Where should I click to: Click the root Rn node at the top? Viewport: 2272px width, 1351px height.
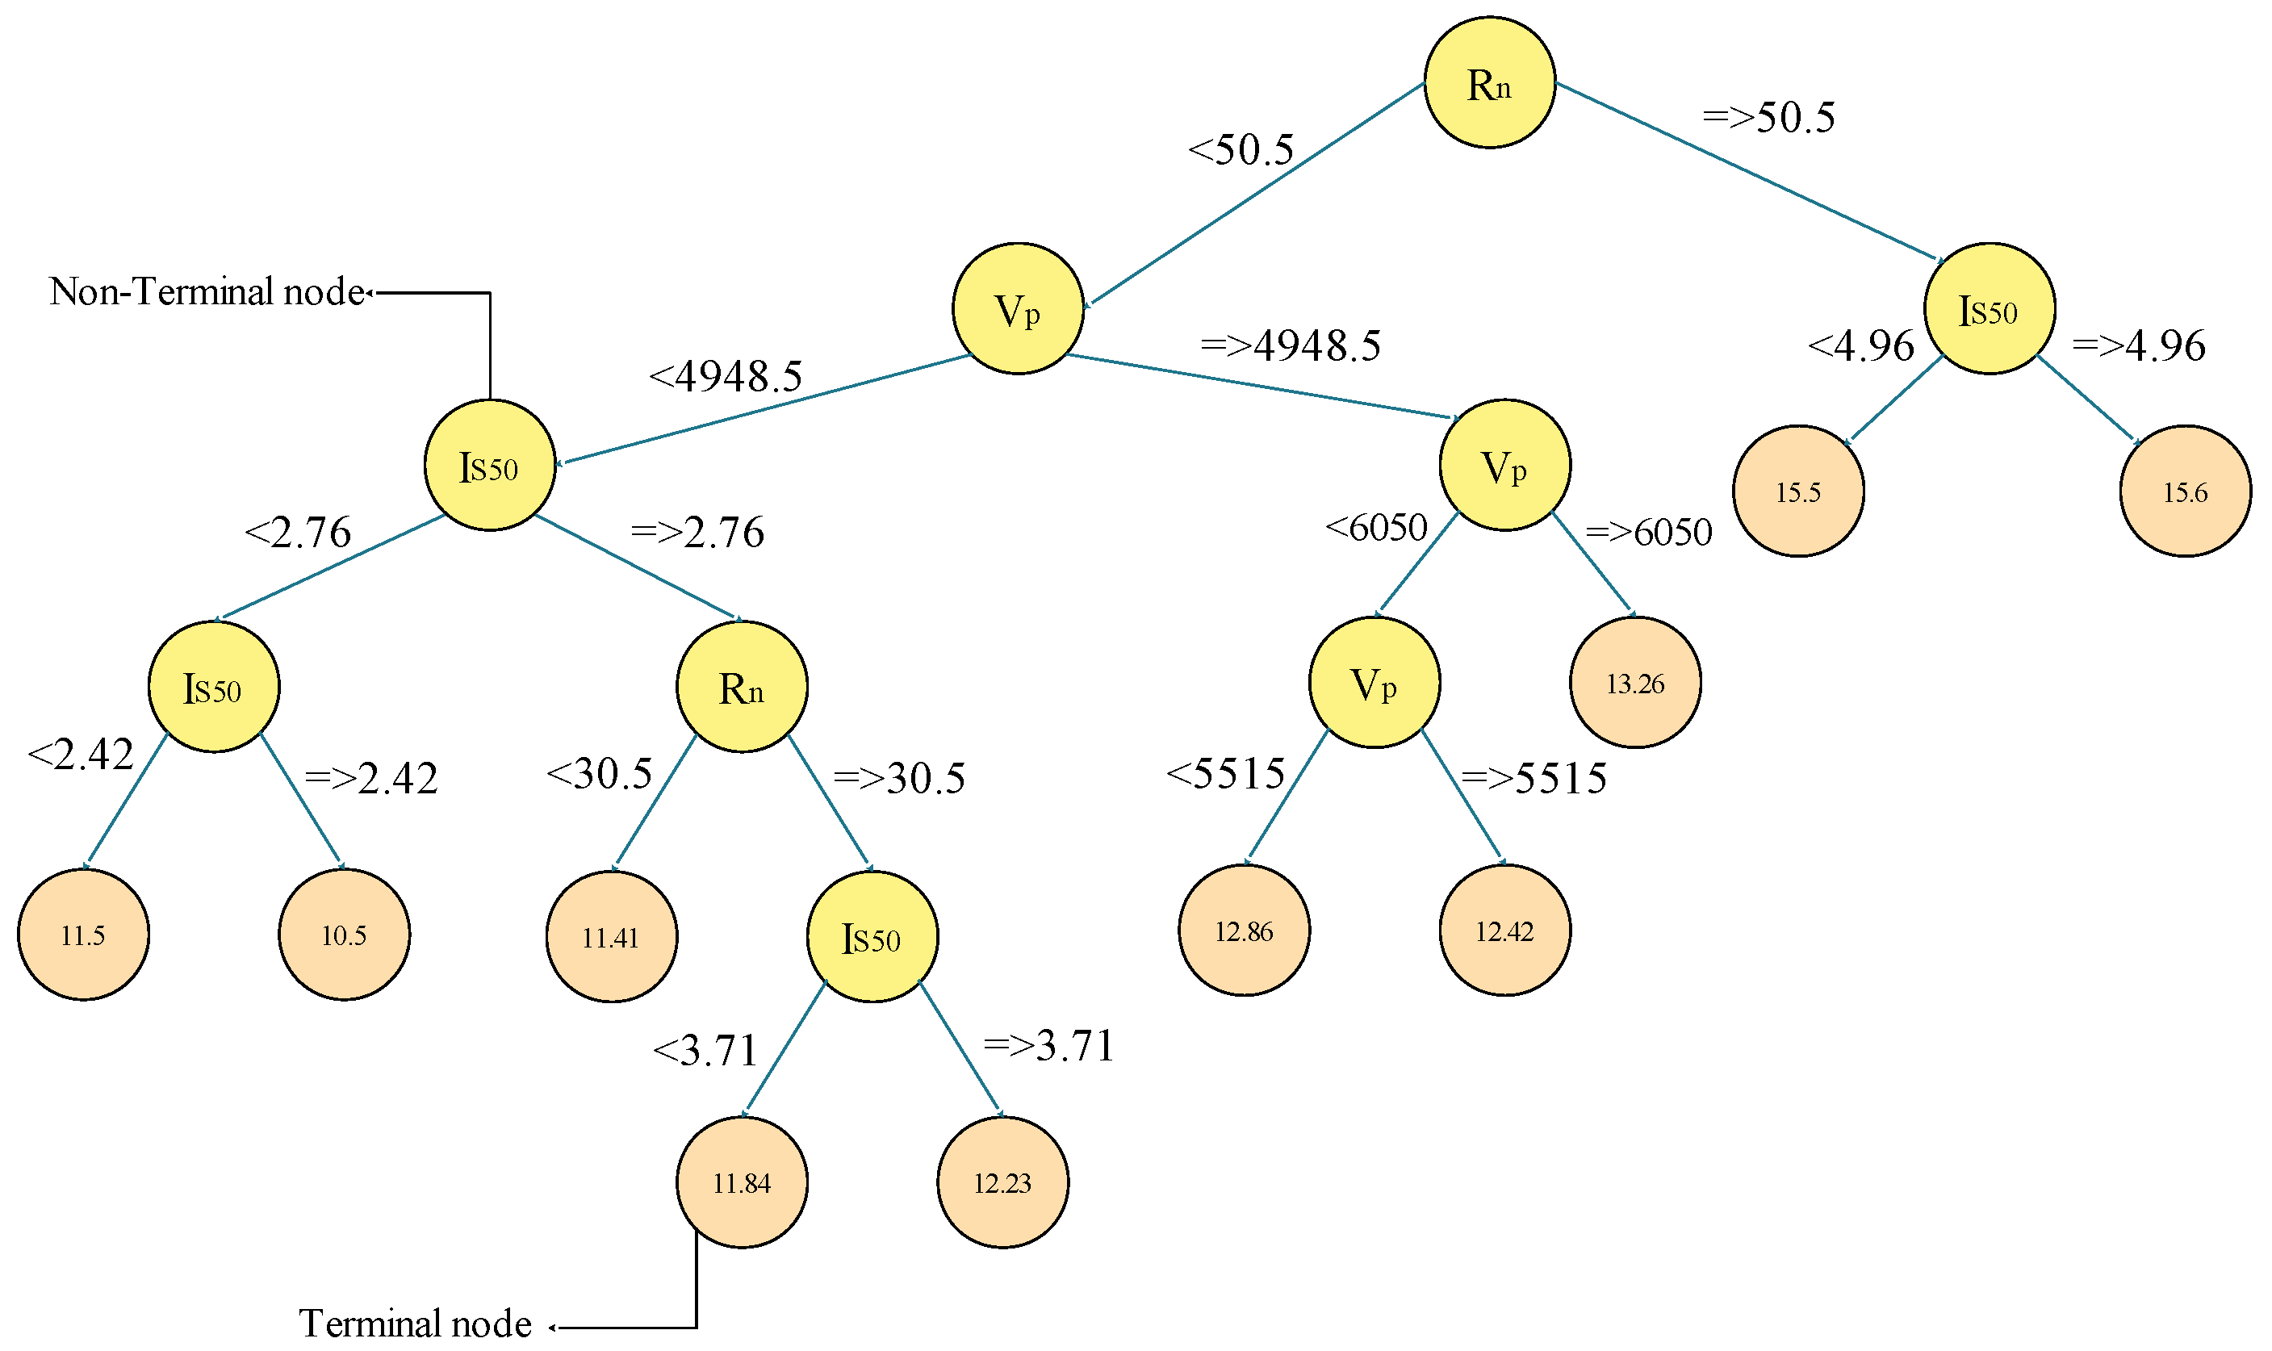tap(1488, 82)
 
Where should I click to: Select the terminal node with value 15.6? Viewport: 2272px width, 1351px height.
tap(2184, 491)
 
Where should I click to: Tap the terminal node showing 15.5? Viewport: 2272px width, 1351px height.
tap(1797, 491)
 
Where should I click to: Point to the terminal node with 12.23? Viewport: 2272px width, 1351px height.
tap(1002, 1182)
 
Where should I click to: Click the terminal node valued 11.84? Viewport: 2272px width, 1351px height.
tap(741, 1182)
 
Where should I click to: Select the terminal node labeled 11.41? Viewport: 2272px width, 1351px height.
tap(611, 936)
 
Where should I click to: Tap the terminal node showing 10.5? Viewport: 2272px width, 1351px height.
tap(343, 934)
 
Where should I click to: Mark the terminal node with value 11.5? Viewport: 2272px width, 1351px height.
tap(83, 934)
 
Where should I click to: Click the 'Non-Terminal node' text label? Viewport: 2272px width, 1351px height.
tap(207, 291)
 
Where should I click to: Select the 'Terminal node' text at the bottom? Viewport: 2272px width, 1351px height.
tap(414, 1323)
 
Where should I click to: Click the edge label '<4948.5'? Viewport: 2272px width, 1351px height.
tap(726, 376)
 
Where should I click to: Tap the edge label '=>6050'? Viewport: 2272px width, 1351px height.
tap(1647, 532)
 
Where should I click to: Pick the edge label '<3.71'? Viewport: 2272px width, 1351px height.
tap(705, 1051)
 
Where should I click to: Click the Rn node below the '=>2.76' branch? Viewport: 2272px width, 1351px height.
tap(741, 687)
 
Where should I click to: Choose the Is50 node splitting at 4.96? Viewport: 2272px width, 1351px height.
tap(1988, 308)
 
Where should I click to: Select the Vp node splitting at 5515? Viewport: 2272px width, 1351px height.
tap(1374, 682)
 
